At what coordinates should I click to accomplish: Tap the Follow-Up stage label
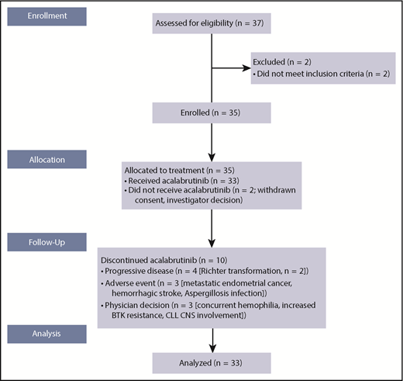(46, 244)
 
